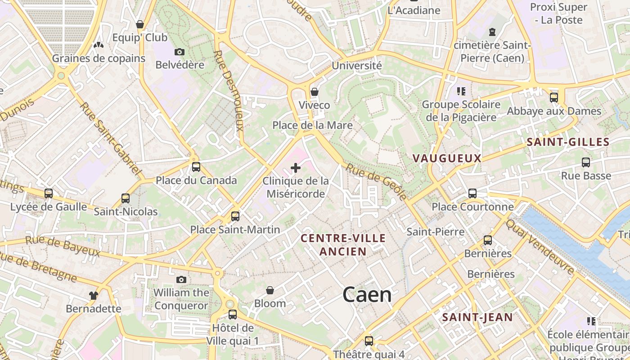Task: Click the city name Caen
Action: click(367, 295)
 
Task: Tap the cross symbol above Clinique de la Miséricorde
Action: click(296, 168)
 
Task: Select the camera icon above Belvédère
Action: click(180, 52)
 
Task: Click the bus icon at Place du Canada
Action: click(196, 167)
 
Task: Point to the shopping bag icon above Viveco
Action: click(315, 92)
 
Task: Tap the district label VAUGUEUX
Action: click(447, 158)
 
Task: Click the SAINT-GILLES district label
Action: click(568, 142)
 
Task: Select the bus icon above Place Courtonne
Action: click(472, 193)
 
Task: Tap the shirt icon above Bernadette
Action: click(93, 296)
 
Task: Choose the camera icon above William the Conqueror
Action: click(181, 280)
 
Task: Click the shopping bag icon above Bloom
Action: click(270, 291)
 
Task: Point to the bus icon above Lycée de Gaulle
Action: click(49, 193)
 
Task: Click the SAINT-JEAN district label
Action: click(477, 317)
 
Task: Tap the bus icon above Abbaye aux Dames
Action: click(554, 98)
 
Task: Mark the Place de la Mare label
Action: click(312, 125)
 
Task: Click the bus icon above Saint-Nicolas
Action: click(126, 198)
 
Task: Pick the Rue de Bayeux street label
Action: click(63, 246)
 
